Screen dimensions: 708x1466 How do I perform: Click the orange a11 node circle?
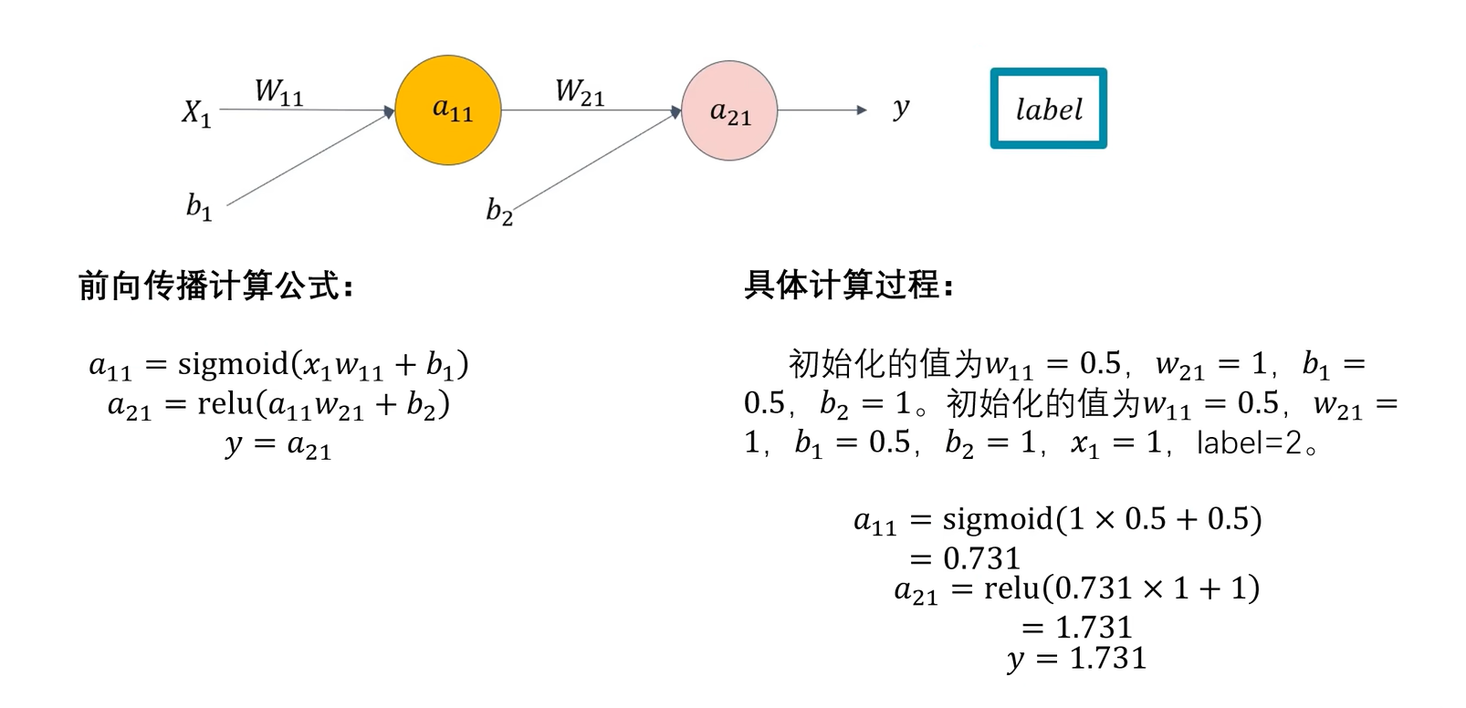coord(447,110)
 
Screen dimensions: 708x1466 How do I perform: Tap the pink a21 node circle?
coord(729,111)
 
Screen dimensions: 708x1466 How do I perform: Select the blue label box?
coord(1048,109)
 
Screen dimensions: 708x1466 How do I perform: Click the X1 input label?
coord(196,113)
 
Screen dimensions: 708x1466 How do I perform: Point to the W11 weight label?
coord(278,92)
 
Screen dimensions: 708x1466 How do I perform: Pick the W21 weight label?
coord(580,92)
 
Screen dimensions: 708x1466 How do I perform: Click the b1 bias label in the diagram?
coord(199,207)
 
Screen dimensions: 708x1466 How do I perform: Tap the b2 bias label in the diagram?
coord(498,212)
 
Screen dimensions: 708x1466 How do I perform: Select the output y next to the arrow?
coord(901,109)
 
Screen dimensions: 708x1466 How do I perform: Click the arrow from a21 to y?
coord(822,110)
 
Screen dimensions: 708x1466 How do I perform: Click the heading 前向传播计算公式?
coord(215,286)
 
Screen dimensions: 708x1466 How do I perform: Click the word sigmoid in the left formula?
coord(233,364)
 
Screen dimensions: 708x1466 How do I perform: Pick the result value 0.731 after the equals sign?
coord(981,557)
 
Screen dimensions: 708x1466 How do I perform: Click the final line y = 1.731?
coord(1077,658)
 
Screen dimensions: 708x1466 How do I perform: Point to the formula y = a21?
coord(278,444)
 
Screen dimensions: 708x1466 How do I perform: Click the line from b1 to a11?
coord(310,159)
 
